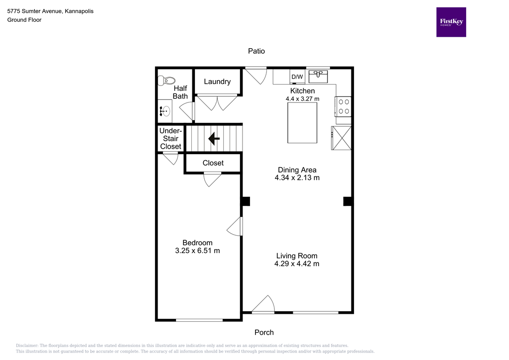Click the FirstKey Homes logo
click(451, 22)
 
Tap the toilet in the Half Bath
click(167, 80)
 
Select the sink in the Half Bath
click(165, 111)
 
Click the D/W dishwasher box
click(297, 77)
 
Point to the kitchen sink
click(318, 77)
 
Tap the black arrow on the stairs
click(214, 139)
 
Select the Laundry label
click(217, 82)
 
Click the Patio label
click(256, 51)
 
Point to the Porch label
click(264, 332)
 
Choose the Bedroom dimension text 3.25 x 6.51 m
click(197, 251)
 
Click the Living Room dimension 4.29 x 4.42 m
click(297, 264)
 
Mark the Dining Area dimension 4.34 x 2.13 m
click(297, 178)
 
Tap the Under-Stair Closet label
click(170, 139)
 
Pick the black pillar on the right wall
click(347, 201)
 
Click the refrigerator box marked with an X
click(341, 138)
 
